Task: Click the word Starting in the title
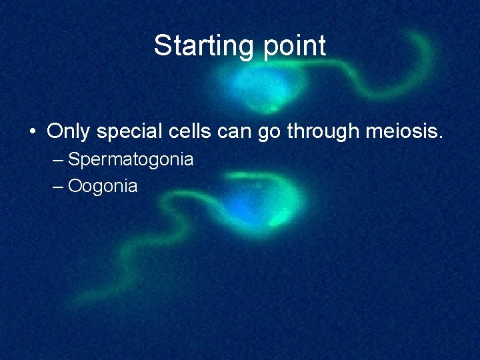coord(198,46)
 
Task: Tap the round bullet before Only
coord(32,132)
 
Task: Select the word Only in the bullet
coord(69,131)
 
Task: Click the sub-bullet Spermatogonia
coord(131,160)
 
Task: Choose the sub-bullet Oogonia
coord(103,186)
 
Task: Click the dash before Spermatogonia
coord(58,160)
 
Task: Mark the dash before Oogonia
coord(58,186)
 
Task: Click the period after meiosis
coord(439,137)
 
